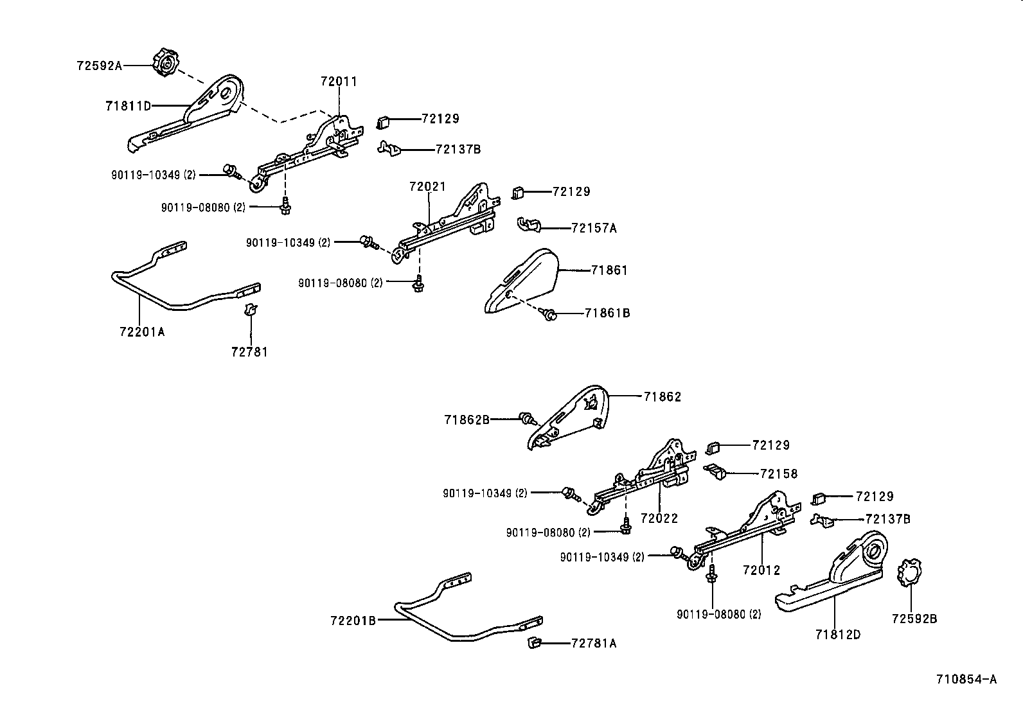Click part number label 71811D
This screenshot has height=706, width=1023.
(128, 105)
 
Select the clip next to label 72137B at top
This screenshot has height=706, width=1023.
(388, 148)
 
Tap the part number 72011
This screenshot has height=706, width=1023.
(339, 82)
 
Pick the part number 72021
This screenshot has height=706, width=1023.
(427, 186)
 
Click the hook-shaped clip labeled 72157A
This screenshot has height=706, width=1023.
(528, 225)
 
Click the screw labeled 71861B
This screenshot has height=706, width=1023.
(549, 314)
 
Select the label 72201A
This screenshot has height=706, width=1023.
(142, 331)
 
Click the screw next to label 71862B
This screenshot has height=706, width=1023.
(528, 419)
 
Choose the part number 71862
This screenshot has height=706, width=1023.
(662, 397)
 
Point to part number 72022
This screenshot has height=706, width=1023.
(659, 518)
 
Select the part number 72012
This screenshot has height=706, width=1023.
(761, 570)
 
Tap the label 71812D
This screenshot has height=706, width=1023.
(837, 634)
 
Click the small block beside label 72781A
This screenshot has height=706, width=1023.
(533, 642)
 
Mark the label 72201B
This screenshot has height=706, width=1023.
(353, 621)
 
